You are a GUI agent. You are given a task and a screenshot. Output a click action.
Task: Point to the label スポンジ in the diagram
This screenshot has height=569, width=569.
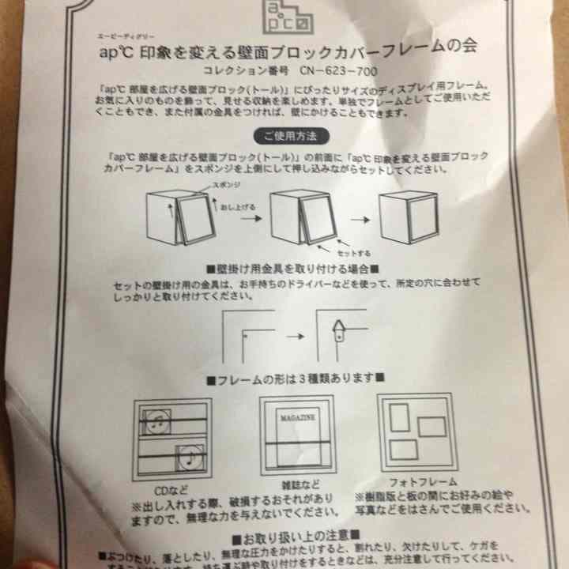click(224, 183)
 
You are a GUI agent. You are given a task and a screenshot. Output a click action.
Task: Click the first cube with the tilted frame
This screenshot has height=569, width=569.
click(179, 218)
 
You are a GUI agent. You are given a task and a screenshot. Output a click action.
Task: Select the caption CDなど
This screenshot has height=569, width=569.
click(171, 488)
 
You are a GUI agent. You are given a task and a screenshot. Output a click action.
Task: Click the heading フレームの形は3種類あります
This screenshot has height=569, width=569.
click(295, 377)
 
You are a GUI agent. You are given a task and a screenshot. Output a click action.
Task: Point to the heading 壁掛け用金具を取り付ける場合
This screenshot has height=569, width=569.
click(293, 269)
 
